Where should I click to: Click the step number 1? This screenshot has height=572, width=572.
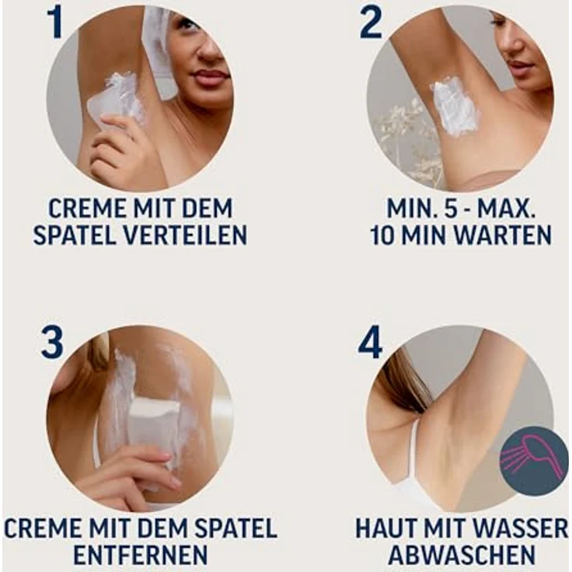click(54, 23)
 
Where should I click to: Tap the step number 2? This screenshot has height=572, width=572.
click(371, 23)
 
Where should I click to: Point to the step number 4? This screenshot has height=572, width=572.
click(370, 342)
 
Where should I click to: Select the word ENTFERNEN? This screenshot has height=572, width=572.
click(140, 556)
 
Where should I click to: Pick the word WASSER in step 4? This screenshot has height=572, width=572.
click(521, 528)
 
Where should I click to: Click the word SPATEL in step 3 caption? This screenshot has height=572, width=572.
click(229, 528)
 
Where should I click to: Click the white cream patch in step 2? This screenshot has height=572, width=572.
click(455, 106)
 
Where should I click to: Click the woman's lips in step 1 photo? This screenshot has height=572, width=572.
click(210, 78)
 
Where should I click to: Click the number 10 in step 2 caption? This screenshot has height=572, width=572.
click(384, 235)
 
